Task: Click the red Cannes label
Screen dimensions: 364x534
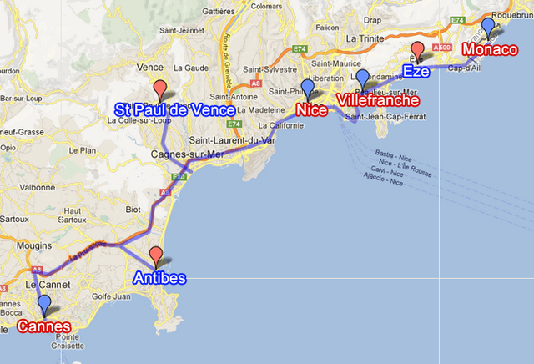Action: (x=43, y=326)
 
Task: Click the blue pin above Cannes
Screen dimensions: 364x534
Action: (x=44, y=305)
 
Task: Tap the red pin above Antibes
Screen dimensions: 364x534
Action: (x=155, y=256)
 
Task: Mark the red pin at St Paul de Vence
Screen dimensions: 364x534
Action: (x=159, y=88)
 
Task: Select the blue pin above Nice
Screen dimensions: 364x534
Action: (x=308, y=88)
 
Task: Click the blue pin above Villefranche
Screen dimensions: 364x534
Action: (x=362, y=78)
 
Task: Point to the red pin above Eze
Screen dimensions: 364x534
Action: (x=418, y=49)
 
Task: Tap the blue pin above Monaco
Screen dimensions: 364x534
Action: (x=488, y=28)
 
